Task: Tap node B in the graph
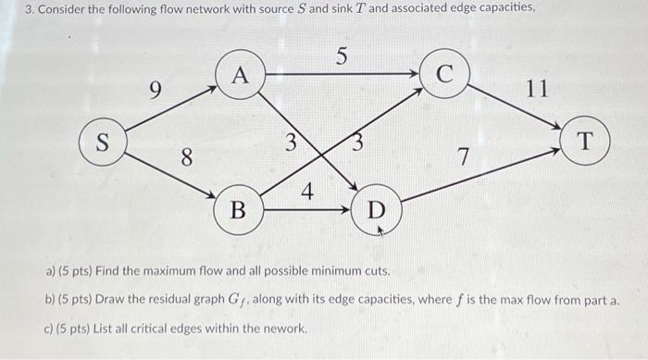pos(238,209)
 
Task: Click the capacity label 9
pos(156,91)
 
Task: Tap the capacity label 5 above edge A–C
pos(342,57)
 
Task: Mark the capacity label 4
pos(307,193)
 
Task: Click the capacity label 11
pos(537,90)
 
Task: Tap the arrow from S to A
pos(171,107)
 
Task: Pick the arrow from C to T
pos(515,107)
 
